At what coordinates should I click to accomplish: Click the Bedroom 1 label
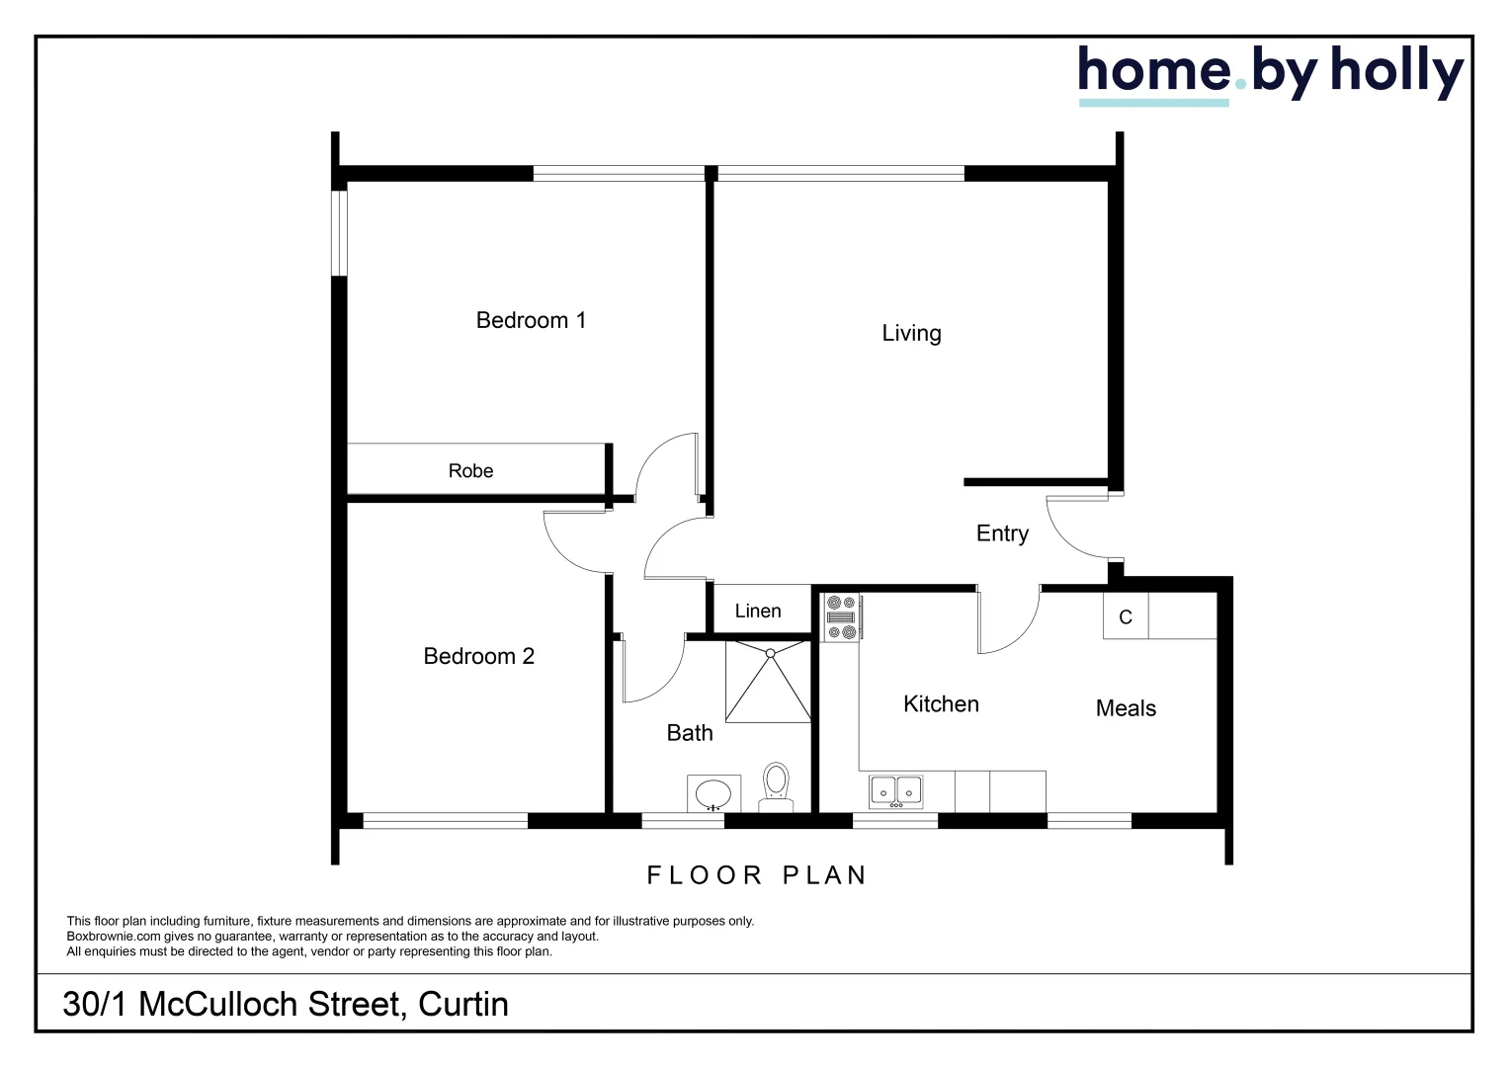click(531, 320)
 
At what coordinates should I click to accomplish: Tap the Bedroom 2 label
click(478, 656)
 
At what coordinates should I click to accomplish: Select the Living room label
click(911, 333)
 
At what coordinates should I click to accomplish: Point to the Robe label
click(470, 471)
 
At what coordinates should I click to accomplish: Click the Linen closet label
click(758, 611)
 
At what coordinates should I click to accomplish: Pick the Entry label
click(1002, 533)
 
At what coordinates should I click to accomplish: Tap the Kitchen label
click(941, 703)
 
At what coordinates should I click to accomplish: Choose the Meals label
click(1126, 708)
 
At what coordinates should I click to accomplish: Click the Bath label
click(690, 733)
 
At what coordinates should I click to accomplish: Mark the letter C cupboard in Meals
click(1126, 617)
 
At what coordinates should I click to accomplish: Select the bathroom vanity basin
click(713, 793)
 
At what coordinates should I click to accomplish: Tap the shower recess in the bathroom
click(768, 681)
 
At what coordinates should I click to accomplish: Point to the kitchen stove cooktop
click(842, 617)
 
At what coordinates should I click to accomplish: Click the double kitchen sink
click(896, 791)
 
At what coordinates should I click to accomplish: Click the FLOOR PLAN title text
click(757, 875)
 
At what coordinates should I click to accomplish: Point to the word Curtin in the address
click(463, 1004)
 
